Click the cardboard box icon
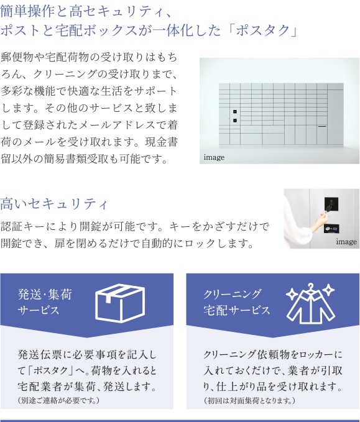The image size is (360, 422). point(120,303)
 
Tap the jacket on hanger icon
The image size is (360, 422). point(311,304)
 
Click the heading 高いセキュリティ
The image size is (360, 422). point(54,204)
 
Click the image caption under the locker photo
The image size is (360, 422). point(214,157)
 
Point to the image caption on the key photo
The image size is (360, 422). point(346,242)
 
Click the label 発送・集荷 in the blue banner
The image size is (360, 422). point(45,294)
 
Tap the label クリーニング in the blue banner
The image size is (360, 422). point(232,294)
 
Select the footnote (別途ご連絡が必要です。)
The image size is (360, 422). point(58,400)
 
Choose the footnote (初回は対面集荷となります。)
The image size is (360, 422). point(249,400)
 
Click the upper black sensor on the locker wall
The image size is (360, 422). point(235,112)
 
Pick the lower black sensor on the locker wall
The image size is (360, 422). point(235,121)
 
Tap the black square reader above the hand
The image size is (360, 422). point(331,204)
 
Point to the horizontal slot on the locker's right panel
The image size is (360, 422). point(322,126)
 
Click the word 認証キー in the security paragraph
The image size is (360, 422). point(22,227)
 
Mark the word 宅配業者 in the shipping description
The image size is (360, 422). point(40,387)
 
